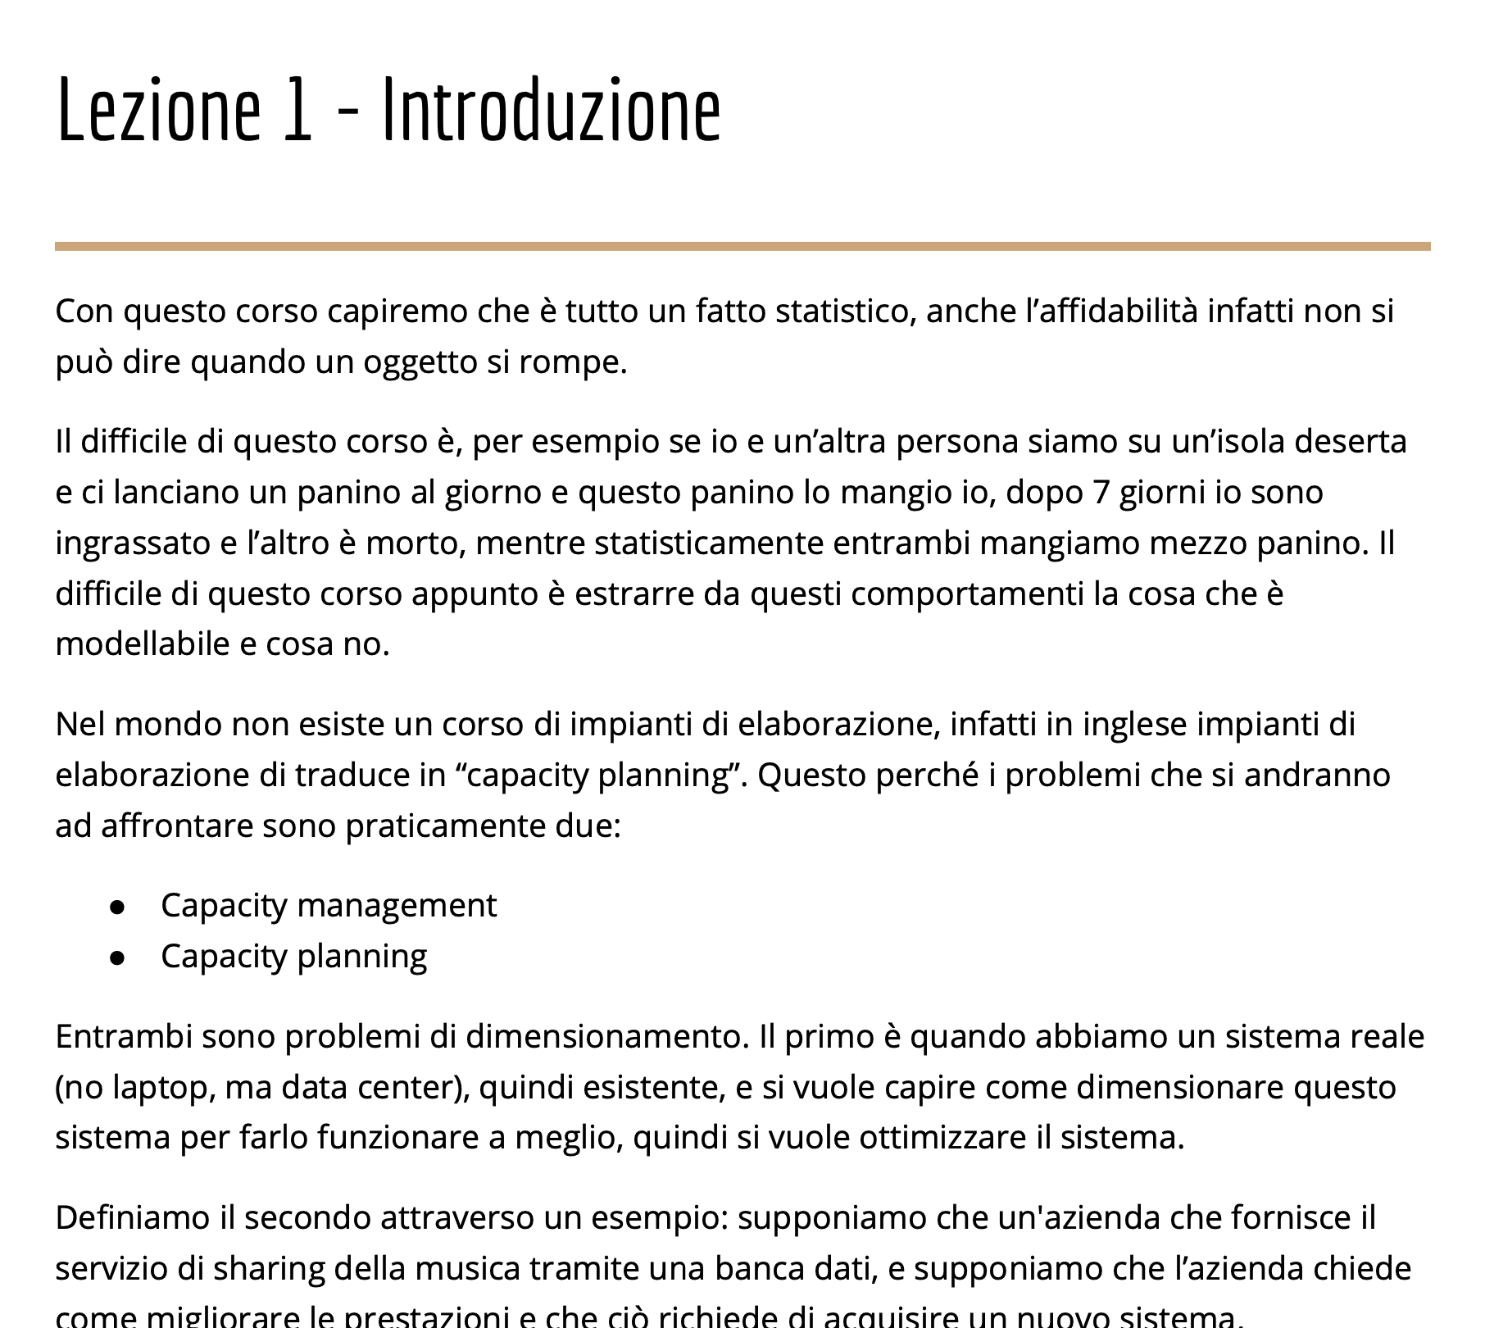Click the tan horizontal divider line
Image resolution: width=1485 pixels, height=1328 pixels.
pos(742,246)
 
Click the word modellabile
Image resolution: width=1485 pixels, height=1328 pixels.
pos(142,644)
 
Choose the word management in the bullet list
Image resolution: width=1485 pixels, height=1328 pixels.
pos(396,906)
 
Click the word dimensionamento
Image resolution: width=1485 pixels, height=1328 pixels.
pos(606,1037)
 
